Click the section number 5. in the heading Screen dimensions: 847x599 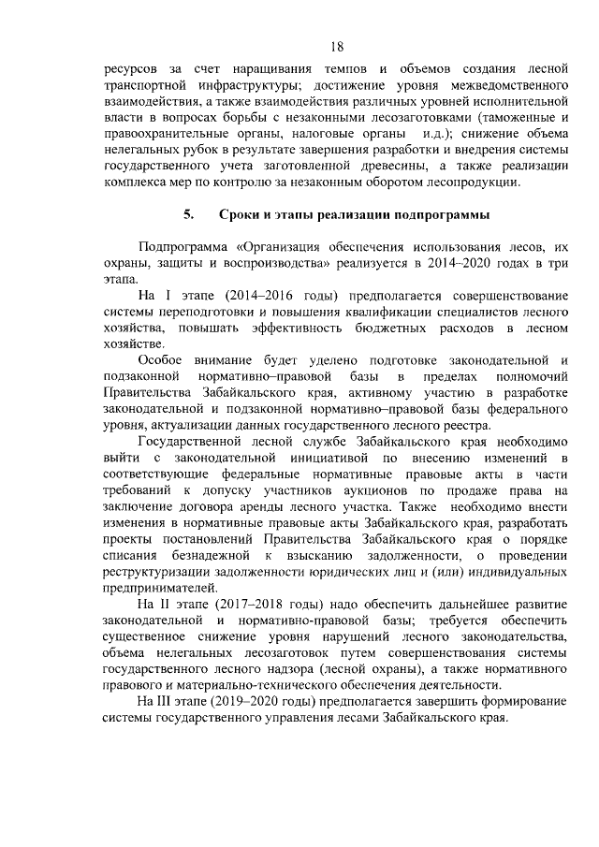pyautogui.click(x=187, y=214)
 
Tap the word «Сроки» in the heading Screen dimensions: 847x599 pyautogui.click(x=240, y=214)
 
